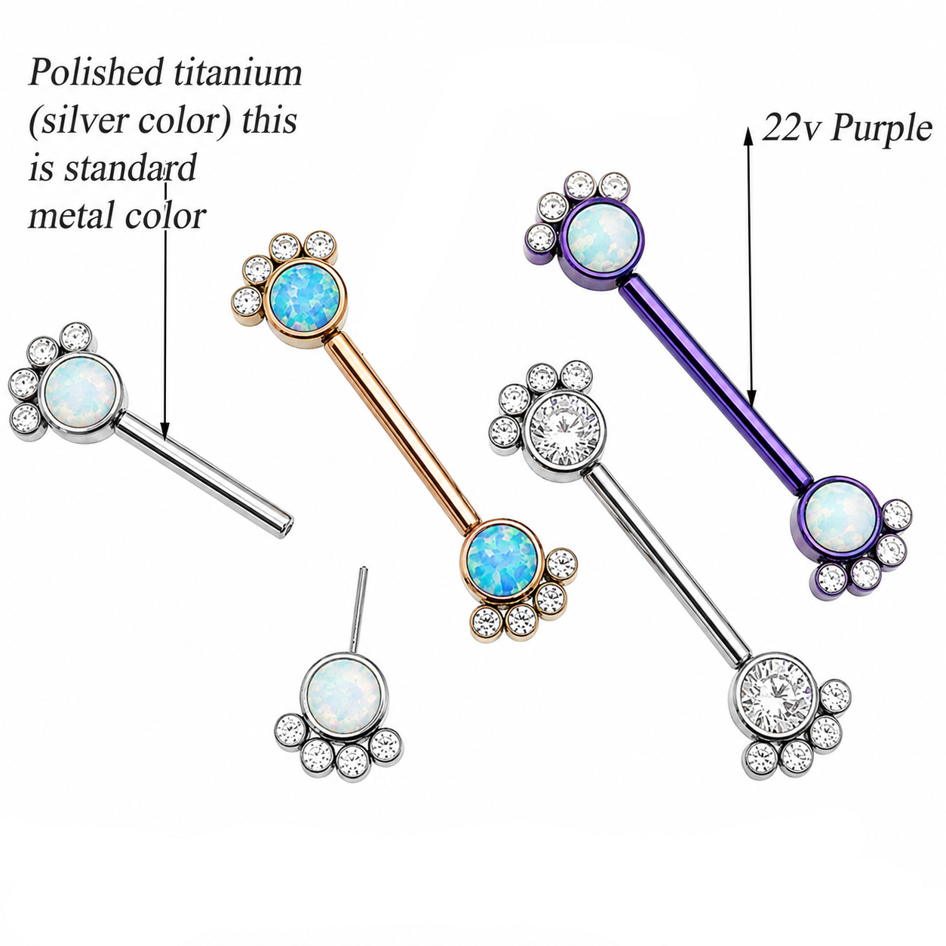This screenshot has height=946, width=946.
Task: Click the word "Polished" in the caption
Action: pyautogui.click(x=95, y=72)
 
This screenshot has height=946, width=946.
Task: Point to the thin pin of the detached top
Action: pyautogui.click(x=358, y=610)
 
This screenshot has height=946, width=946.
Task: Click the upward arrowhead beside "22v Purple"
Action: pyautogui.click(x=748, y=136)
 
